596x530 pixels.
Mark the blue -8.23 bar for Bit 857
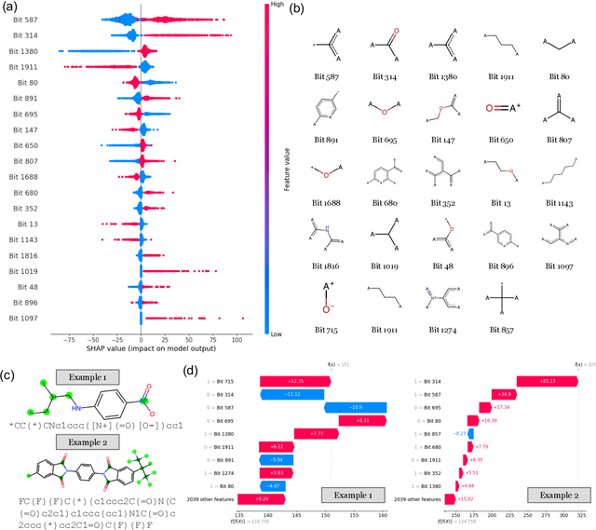[x=471, y=433]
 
